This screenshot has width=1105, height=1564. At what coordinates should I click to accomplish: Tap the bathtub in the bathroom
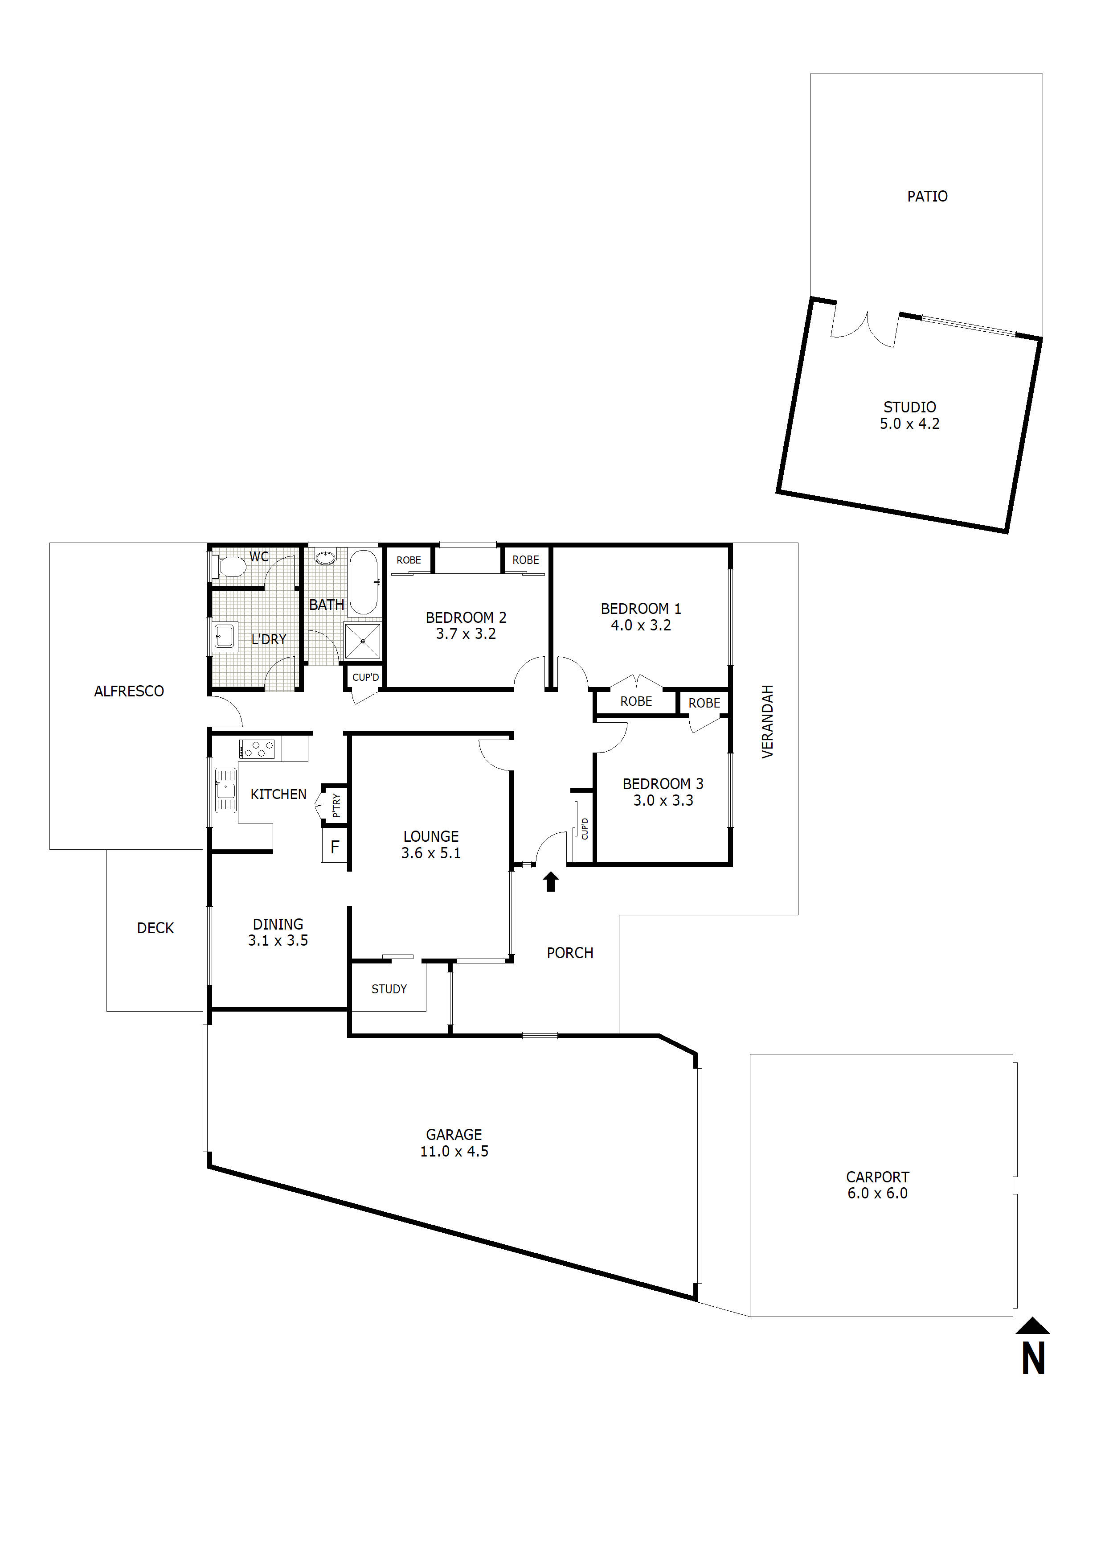(x=364, y=582)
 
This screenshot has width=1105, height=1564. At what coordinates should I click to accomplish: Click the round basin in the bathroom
(x=325, y=558)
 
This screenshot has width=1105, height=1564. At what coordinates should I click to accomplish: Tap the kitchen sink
(x=225, y=790)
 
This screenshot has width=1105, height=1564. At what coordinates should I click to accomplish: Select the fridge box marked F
(x=334, y=847)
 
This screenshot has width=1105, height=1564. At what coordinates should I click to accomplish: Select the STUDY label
(x=389, y=988)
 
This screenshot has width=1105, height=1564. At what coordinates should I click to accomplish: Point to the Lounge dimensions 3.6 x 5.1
(x=430, y=853)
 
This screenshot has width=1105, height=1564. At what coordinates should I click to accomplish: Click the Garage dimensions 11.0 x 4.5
(x=454, y=1151)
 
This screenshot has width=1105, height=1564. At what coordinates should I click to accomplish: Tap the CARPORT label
(x=877, y=1177)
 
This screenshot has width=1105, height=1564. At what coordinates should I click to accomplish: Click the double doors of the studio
(x=865, y=329)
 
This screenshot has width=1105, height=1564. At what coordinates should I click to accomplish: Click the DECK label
(x=155, y=928)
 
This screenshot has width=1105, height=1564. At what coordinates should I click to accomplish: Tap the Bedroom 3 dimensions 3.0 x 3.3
(x=663, y=800)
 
